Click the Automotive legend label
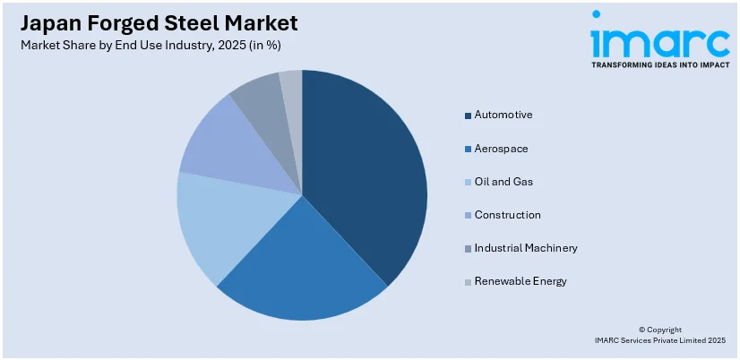click(x=503, y=115)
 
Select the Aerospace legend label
click(x=502, y=148)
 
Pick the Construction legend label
click(x=507, y=215)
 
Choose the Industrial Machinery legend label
click(x=526, y=248)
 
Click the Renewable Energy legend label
click(x=521, y=281)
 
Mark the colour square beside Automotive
click(x=468, y=116)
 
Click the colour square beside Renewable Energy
click(x=468, y=282)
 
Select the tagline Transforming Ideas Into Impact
click(x=659, y=65)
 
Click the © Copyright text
click(x=659, y=330)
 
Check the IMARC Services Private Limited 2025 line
click(x=659, y=340)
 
